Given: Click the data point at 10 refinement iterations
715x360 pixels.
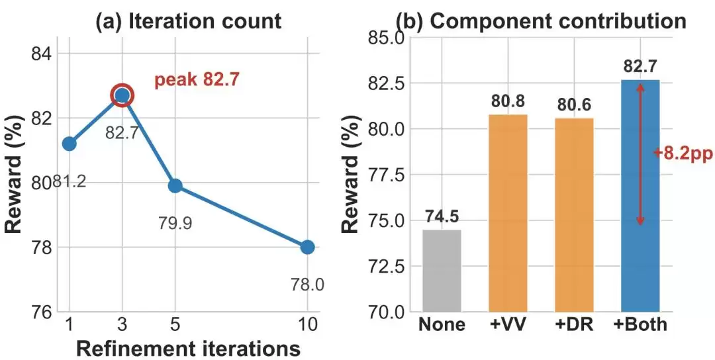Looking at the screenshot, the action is point(307,247).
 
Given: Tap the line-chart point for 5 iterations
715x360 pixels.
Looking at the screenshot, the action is point(175,185).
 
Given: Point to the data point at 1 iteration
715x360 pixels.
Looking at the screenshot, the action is point(70,144).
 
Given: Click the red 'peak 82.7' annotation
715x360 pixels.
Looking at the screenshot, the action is point(197,80).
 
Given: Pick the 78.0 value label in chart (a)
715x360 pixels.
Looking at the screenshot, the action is point(307,285).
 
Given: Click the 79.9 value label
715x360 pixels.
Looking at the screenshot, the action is point(175,223).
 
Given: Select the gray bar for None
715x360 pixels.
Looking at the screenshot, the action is point(442,271).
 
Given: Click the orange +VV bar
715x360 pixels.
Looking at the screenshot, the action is point(508,213).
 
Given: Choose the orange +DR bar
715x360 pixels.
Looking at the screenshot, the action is point(574,215).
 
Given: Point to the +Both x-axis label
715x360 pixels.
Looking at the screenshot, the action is point(640,324).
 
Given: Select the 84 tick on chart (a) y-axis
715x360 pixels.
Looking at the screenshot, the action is point(40,54).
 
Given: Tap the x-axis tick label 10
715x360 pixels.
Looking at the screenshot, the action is point(307,325).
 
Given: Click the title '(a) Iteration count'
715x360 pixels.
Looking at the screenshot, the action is point(188,21).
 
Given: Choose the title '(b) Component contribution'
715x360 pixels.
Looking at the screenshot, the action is point(540,21).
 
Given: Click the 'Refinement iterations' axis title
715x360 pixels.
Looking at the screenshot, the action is point(188,348).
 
